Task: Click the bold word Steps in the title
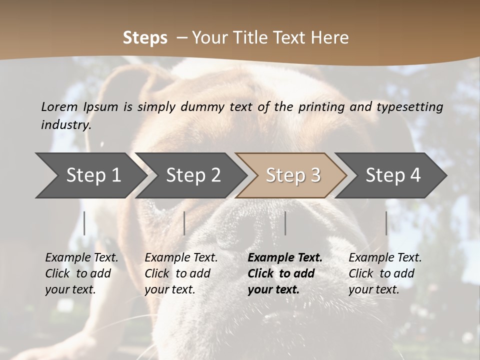coord(145,38)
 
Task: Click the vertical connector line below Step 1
coord(84,223)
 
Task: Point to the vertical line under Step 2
coord(184,223)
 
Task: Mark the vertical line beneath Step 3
coord(285,223)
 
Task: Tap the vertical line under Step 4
coord(386,223)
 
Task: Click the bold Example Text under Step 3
coord(285,258)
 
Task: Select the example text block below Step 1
coord(81,273)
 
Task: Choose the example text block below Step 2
coord(181,273)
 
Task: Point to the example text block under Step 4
coord(385,273)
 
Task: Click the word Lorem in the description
coord(59,107)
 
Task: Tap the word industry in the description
coord(66,125)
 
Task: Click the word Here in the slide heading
coord(331,38)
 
